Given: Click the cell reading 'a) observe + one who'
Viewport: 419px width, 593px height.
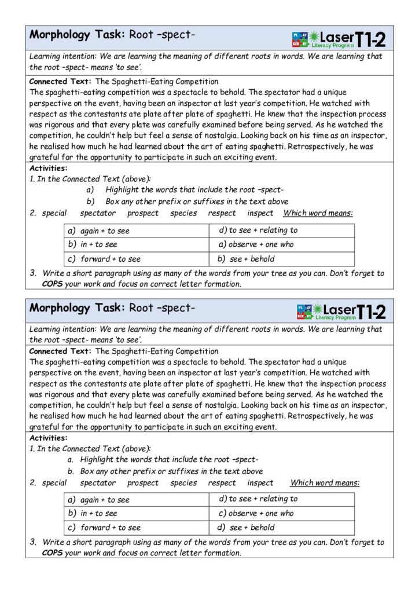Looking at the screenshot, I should point(281,244).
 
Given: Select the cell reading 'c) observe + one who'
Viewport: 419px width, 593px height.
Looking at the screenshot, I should point(281,513).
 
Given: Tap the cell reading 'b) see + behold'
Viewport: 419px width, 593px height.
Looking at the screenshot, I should point(281,259).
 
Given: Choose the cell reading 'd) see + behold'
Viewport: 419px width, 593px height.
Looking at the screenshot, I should point(281,528).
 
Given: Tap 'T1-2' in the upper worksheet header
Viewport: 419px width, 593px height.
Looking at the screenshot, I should point(371,39).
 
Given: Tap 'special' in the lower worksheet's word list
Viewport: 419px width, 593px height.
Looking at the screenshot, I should point(54,482).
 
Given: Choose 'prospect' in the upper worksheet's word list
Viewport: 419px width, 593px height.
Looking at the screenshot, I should point(143,213).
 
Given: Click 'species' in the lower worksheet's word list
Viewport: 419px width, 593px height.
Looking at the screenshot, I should point(184,482).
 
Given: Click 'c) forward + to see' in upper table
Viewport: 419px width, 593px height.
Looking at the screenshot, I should point(104,259).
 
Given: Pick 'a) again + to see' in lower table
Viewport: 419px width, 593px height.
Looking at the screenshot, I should point(99,499).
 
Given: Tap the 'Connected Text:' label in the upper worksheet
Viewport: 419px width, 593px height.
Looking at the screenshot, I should point(60,82).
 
